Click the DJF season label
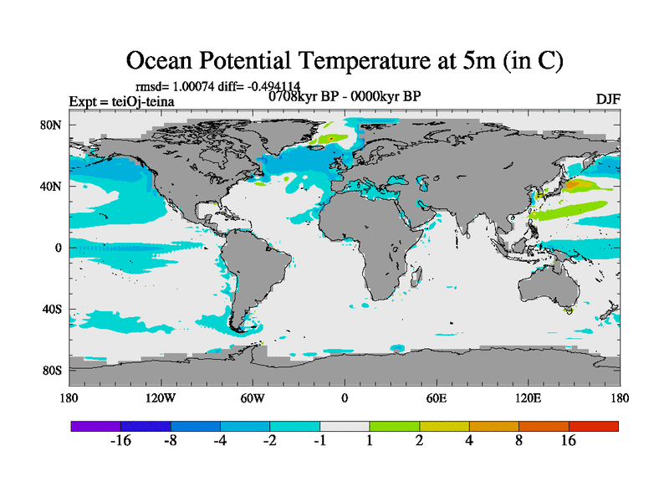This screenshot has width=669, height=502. [608, 99]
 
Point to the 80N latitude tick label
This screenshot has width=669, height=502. [53, 125]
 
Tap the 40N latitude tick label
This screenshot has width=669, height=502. [53, 186]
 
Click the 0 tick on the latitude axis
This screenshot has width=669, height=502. [59, 248]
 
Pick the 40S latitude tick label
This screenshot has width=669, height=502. [53, 309]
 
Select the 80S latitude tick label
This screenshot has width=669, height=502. [53, 370]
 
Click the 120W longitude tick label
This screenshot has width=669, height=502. [161, 397]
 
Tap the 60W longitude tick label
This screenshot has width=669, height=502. [253, 397]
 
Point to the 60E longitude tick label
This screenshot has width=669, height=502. [436, 397]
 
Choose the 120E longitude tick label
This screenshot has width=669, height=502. [528, 397]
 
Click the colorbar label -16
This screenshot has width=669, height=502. [121, 441]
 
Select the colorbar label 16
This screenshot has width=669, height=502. [569, 441]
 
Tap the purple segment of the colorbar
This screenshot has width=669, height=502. [96, 426]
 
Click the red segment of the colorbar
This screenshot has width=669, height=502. [594, 426]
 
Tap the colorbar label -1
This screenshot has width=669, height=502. [319, 441]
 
